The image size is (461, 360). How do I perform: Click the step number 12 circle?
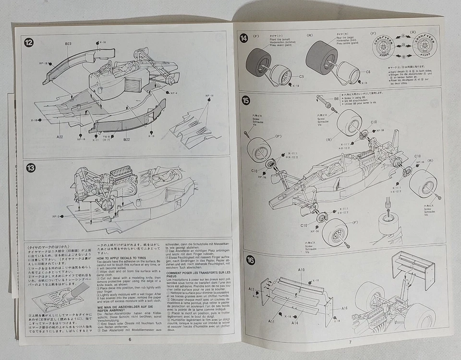29,43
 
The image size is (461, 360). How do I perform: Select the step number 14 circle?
244,38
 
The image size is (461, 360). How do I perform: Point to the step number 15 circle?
245,100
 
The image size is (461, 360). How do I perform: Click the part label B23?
68,44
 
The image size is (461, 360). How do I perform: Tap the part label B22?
126,140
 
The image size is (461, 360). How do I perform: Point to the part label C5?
302,76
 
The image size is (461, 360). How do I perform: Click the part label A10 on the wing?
301,270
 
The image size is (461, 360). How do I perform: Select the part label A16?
344,308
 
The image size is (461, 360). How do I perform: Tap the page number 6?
130,339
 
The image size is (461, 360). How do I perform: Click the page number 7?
350,341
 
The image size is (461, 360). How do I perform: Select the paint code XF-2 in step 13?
56,216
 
